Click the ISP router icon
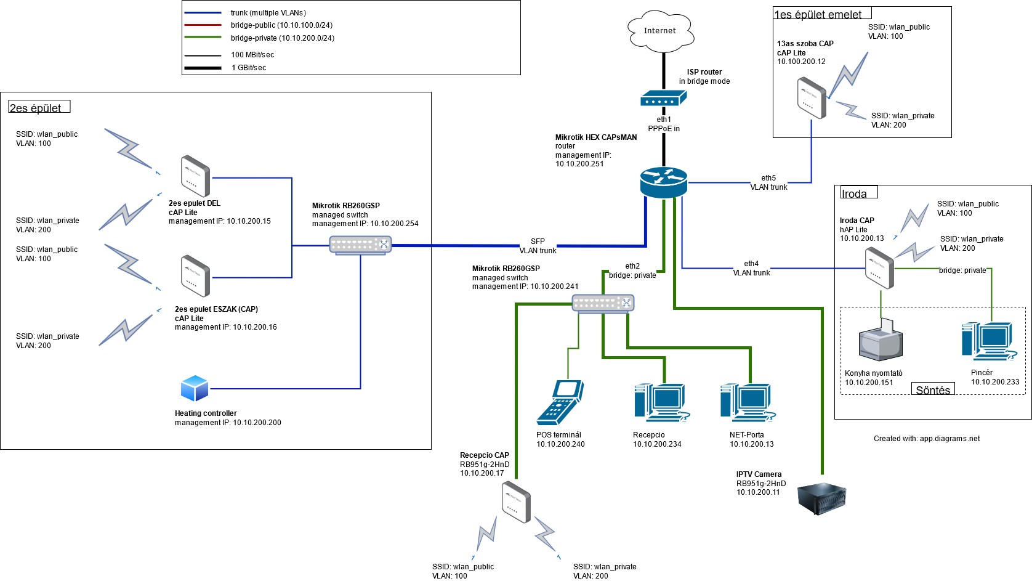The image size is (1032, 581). pos(663,99)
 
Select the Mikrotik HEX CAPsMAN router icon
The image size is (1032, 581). pos(663,182)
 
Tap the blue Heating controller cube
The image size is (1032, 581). pos(195,389)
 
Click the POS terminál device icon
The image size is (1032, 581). pos(560,402)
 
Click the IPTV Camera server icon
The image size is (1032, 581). pos(821,498)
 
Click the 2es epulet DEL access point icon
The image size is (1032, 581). pos(195,176)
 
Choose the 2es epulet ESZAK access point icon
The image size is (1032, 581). pos(195,276)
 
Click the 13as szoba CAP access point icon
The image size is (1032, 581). pos(812,98)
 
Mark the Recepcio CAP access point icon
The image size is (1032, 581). pos(515,502)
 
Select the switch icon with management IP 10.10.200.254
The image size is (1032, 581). pos(360,245)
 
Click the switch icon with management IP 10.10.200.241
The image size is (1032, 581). pos(602,303)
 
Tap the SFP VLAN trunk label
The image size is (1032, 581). pos(538,246)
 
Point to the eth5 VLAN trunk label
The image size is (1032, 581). pos(768,182)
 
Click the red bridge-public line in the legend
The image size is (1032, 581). pos(203,25)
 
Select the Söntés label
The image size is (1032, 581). pos(932,390)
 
